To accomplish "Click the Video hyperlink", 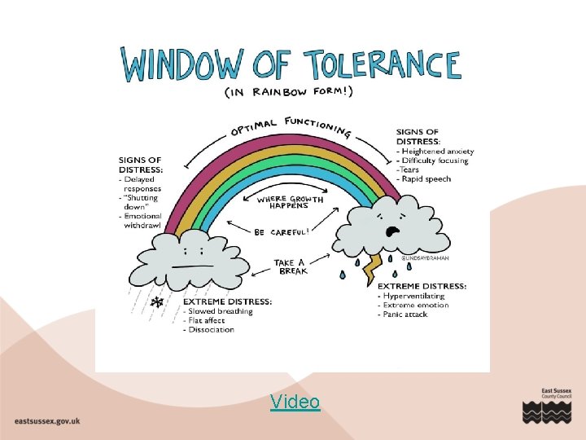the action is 295,401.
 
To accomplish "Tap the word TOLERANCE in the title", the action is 382,65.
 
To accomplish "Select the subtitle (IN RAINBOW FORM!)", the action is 289,92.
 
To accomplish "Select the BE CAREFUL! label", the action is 281,232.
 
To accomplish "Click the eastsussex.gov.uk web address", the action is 47,420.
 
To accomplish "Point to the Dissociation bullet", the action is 210,330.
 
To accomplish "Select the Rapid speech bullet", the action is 426,179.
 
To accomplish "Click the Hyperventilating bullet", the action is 415,296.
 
